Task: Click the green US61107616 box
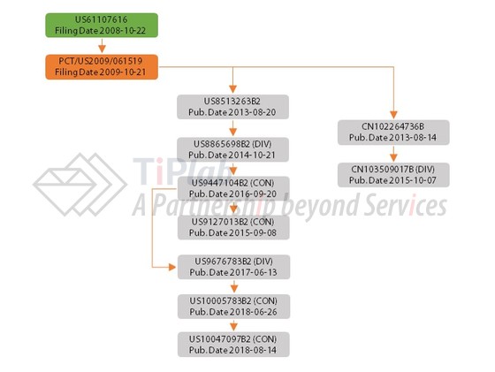tap(102, 26)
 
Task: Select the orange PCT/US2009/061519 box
tap(102, 67)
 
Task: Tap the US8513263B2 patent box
tap(232, 107)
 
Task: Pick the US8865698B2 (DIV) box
tap(232, 149)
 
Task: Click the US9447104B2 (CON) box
tap(233, 188)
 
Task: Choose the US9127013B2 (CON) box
tap(233, 227)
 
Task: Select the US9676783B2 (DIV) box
tap(233, 267)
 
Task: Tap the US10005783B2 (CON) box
tap(233, 307)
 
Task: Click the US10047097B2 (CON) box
tap(233, 345)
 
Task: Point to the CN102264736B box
tap(393, 133)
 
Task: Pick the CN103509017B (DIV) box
tap(393, 175)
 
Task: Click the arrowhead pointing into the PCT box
tap(102, 49)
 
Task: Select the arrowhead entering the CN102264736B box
tap(393, 115)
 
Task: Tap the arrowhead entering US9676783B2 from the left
tap(172, 267)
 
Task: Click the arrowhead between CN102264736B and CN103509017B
tap(393, 157)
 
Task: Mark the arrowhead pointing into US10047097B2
tap(233, 327)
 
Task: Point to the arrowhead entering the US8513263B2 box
tap(232, 89)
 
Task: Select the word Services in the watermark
tap(406, 206)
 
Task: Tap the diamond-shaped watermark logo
tap(80, 185)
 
